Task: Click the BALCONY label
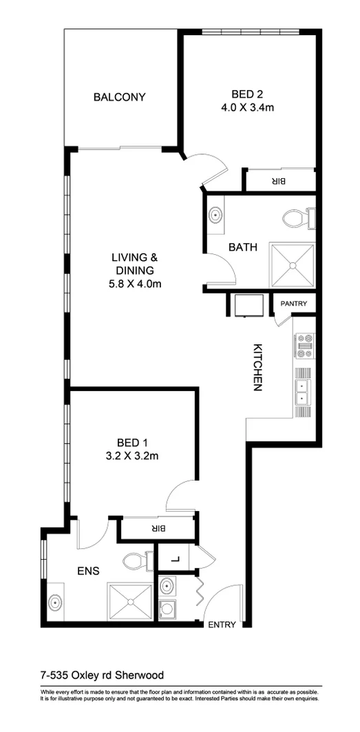(119, 97)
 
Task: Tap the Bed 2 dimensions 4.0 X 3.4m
(248, 107)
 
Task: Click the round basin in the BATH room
(217, 215)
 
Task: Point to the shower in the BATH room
(292, 264)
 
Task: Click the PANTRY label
(294, 303)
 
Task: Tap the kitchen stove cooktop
(304, 346)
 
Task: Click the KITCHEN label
(257, 367)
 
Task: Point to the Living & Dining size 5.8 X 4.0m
(135, 283)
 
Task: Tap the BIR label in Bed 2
(278, 181)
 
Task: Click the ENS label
(88, 571)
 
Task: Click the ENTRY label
(221, 625)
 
